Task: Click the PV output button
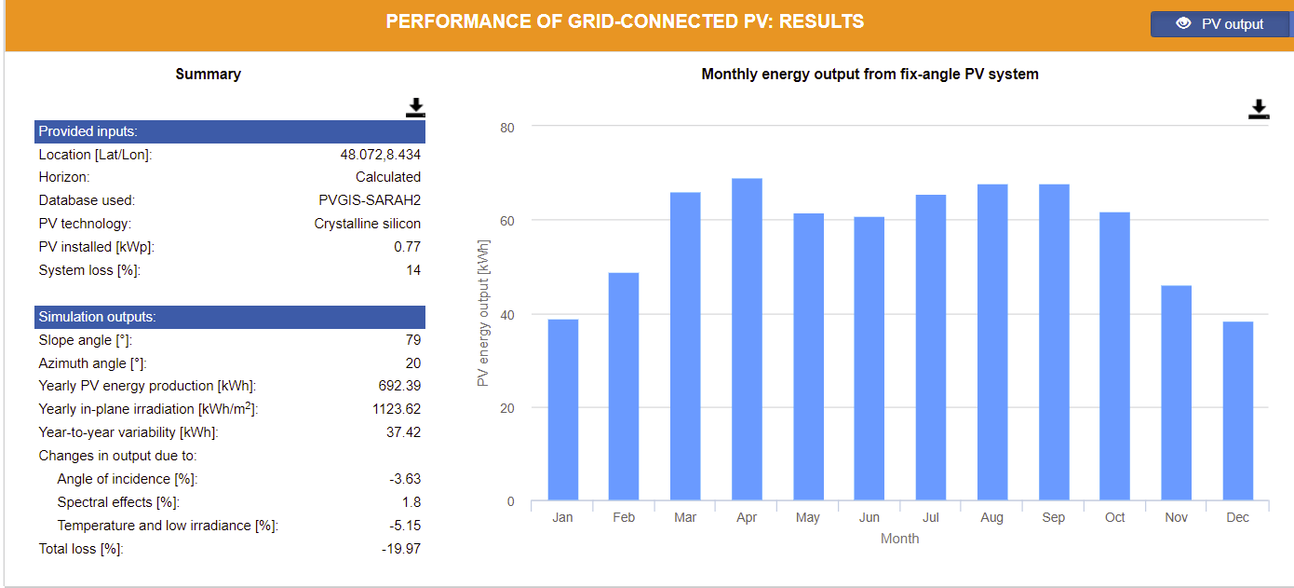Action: click(1220, 23)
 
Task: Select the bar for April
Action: click(747, 339)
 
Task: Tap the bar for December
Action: click(1238, 411)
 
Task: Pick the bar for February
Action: click(624, 386)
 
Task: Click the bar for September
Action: click(1054, 342)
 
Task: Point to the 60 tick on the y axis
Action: click(506, 221)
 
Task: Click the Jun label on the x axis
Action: click(869, 517)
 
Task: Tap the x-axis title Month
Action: click(899, 539)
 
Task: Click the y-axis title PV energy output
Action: click(483, 313)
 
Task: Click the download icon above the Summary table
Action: click(415, 108)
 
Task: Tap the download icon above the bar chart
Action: click(1259, 109)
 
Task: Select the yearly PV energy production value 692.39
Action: click(399, 386)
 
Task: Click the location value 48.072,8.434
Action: click(380, 155)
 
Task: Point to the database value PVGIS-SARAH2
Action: click(370, 200)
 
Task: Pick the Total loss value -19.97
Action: click(401, 549)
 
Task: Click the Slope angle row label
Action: click(85, 340)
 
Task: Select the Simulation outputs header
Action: click(230, 317)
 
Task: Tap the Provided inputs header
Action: click(230, 131)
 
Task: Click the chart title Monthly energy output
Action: click(870, 74)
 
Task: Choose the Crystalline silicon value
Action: click(368, 224)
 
